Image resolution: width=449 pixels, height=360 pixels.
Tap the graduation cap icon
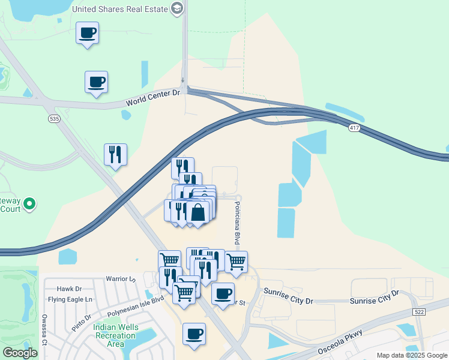point(176,8)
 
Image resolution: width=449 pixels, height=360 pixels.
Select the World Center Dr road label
point(153,98)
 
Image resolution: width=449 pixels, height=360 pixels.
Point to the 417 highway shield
point(354,128)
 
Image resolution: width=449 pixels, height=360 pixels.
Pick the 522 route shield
point(420,312)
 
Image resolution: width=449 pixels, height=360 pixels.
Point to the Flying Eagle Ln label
point(71,299)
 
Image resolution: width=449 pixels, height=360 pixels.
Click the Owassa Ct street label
point(44,331)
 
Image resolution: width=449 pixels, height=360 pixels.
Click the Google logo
point(20,353)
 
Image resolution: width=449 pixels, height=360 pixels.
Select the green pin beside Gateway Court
point(29,205)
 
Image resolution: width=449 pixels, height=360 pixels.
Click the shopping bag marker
point(197,212)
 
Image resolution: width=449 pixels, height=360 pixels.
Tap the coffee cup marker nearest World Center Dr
point(96,82)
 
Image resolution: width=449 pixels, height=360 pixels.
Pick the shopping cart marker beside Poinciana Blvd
point(237,261)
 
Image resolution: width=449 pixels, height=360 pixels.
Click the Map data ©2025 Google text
point(412,355)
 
